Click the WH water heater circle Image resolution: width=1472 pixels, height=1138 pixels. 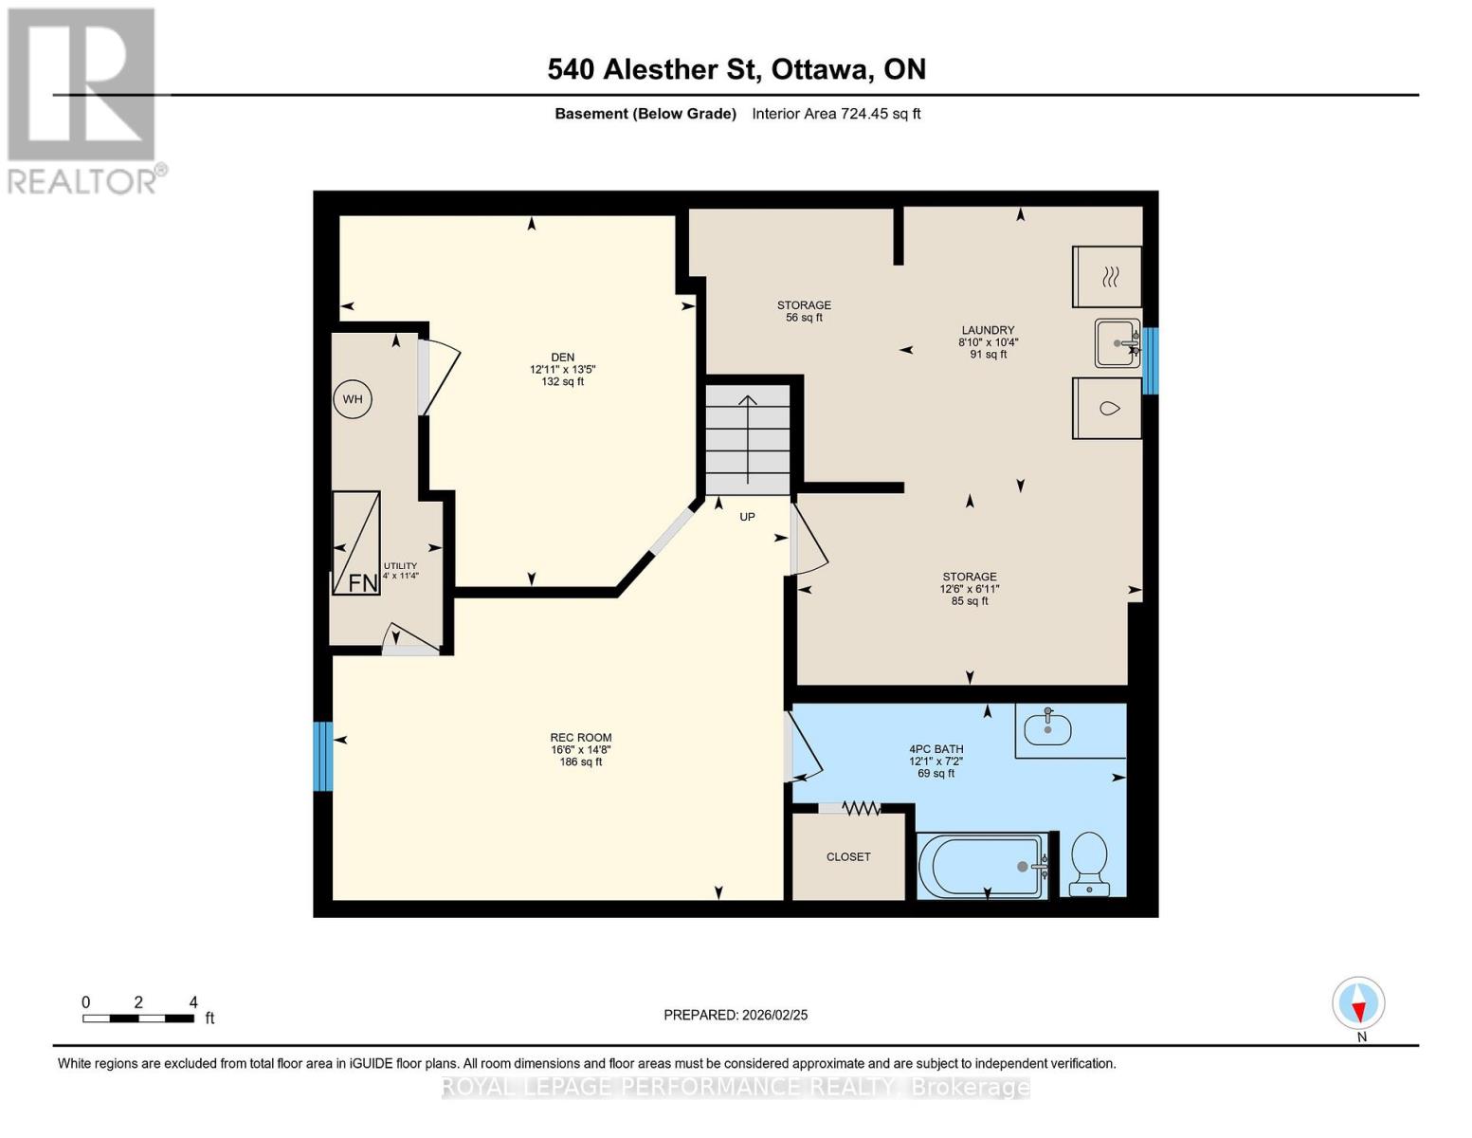353,399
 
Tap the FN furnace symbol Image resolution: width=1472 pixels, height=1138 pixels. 356,543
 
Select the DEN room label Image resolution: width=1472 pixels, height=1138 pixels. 562,358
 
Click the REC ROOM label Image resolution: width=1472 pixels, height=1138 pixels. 581,738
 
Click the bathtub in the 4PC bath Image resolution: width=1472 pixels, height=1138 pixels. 983,866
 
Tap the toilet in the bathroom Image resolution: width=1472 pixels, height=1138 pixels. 1089,862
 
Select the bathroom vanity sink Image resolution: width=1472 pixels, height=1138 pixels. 1047,728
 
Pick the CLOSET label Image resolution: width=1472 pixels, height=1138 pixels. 848,857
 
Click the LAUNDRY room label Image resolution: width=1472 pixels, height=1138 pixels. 988,330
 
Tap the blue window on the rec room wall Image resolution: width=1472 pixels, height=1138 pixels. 323,756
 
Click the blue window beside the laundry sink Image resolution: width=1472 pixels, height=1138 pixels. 1150,360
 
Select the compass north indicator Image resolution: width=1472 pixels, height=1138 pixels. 1359,1003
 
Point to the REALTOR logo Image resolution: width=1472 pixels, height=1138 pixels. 82,100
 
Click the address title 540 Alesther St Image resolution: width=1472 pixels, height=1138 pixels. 736,69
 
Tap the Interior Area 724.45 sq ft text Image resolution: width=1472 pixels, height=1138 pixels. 836,114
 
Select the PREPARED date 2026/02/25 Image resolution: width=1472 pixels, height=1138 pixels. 736,1015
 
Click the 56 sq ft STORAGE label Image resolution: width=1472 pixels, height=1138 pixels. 804,311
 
